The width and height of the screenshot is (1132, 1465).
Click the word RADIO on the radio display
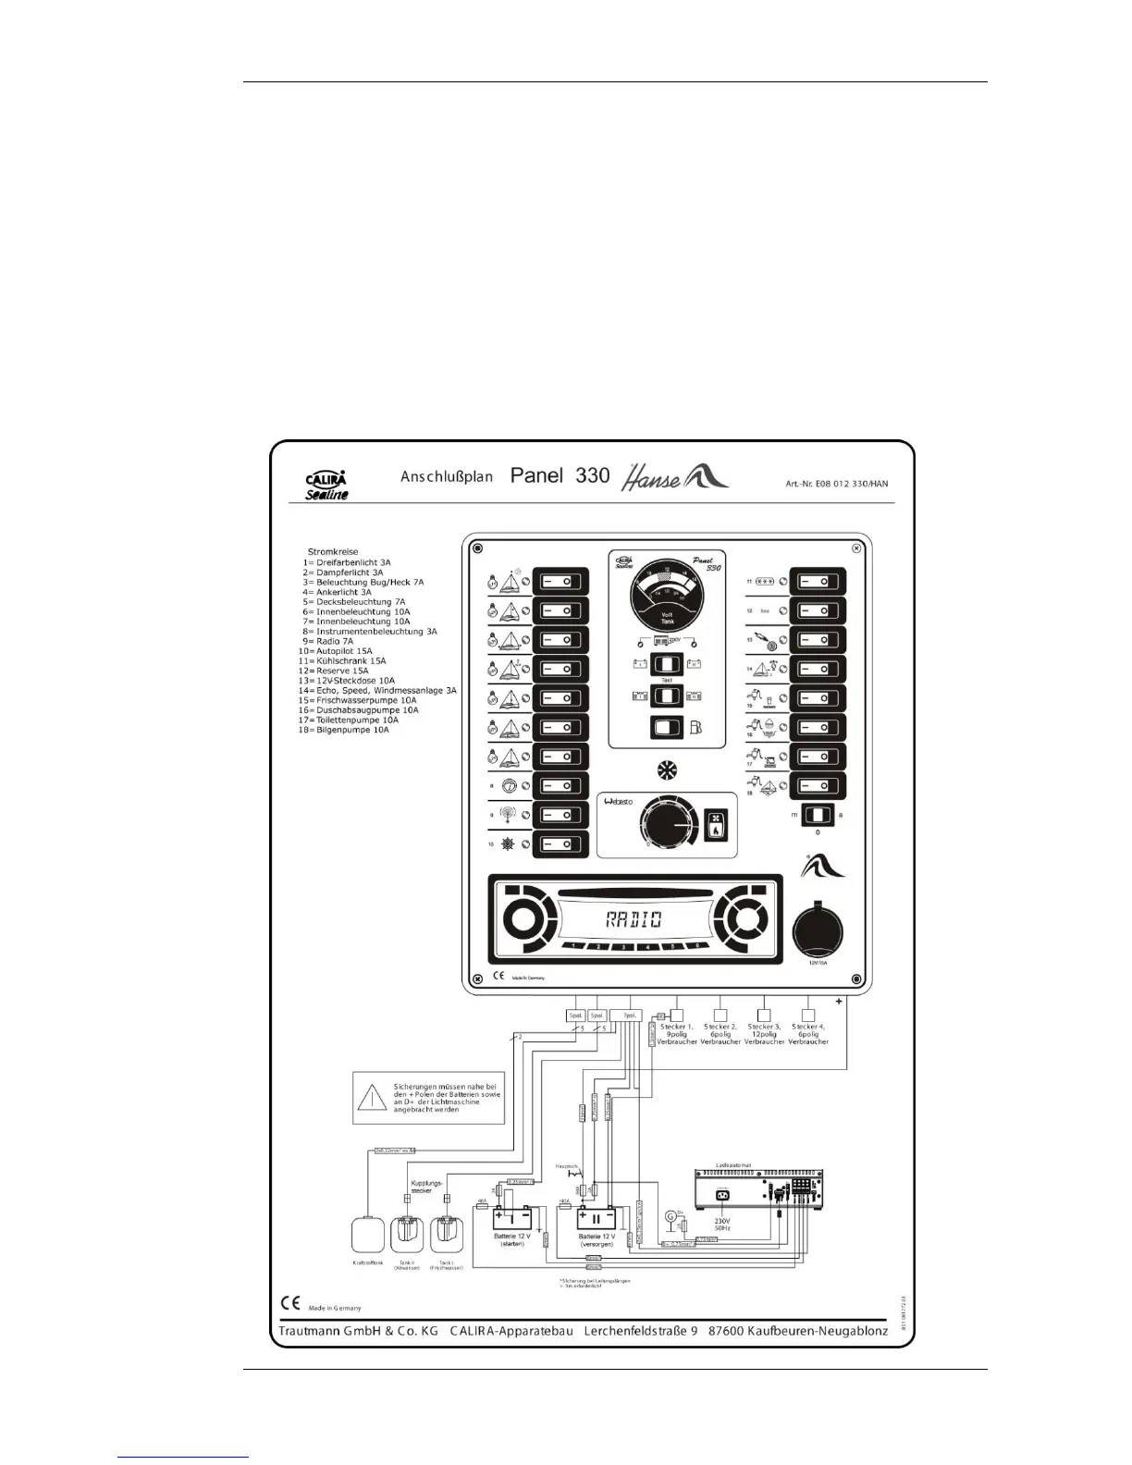click(x=634, y=919)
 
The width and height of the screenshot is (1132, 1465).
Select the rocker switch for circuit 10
click(x=560, y=844)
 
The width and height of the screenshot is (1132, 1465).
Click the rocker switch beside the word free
click(x=818, y=611)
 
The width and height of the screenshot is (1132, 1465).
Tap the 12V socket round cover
click(x=818, y=929)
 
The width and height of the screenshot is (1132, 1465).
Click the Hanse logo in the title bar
click(x=674, y=476)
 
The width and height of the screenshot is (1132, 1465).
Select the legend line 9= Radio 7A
click(x=328, y=641)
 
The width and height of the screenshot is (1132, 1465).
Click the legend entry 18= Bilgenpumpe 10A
click(x=343, y=730)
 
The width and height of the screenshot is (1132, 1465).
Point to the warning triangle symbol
click(x=372, y=1098)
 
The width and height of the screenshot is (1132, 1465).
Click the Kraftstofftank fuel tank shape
click(x=367, y=1235)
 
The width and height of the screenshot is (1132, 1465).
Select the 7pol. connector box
click(x=629, y=1015)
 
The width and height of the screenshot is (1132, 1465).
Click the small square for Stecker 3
click(x=764, y=1015)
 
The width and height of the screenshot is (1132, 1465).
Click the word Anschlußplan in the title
click(x=446, y=476)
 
